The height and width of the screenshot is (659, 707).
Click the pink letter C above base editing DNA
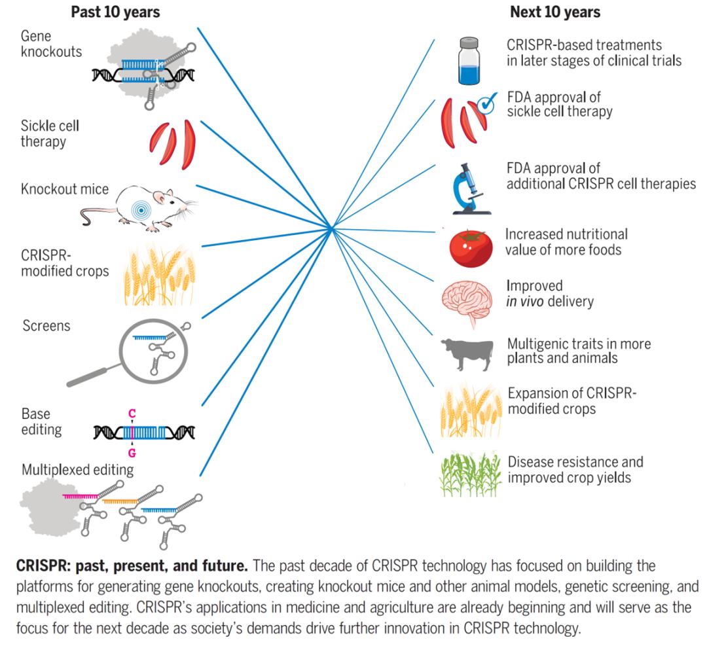tap(132, 414)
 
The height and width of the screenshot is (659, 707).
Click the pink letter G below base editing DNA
tap(132, 451)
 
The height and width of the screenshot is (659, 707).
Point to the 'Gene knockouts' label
tap(61, 44)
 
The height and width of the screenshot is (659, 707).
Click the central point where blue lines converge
tap(333, 228)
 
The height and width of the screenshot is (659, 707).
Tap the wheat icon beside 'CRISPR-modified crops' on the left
tap(153, 276)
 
